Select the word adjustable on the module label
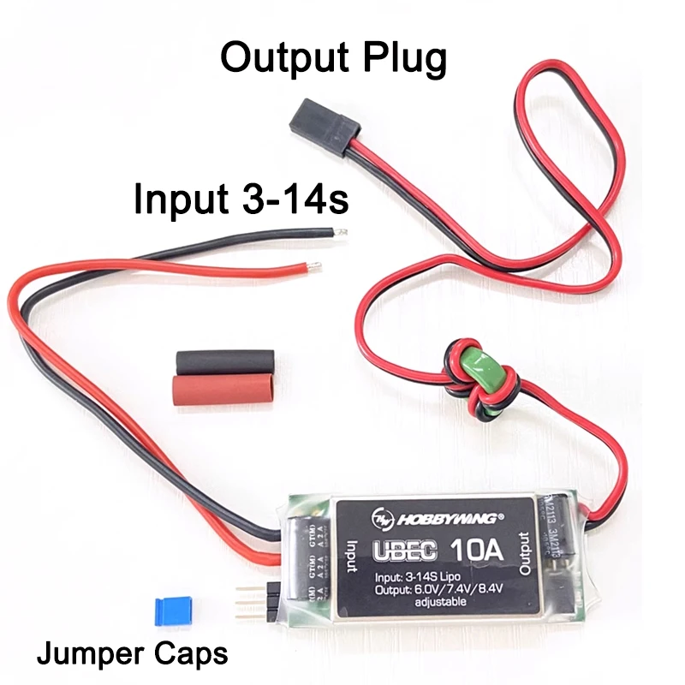[x=440, y=602]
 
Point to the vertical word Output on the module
[x=524, y=552]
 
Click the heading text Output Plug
[x=334, y=58]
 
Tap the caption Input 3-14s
[x=241, y=199]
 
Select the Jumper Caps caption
[x=132, y=655]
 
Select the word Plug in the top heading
[x=405, y=58]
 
